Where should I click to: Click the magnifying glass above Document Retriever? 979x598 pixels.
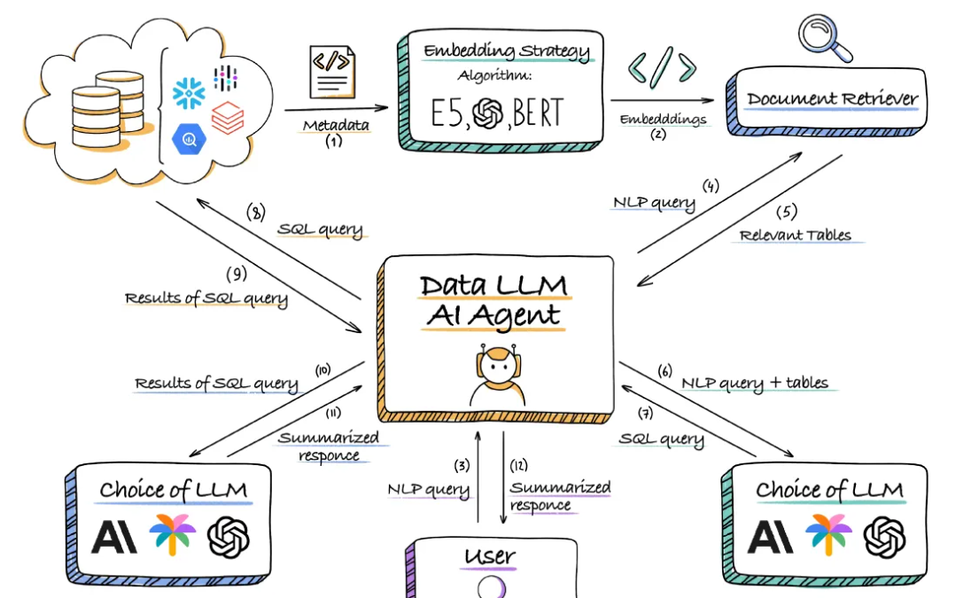(x=824, y=36)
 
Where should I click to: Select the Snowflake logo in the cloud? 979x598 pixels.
(x=189, y=92)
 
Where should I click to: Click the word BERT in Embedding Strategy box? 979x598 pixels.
(x=537, y=113)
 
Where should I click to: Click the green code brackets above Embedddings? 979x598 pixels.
(x=662, y=69)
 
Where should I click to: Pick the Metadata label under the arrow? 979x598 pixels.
(x=336, y=125)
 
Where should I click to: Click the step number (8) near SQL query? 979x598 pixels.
(x=256, y=213)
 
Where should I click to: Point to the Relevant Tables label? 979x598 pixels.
(x=795, y=235)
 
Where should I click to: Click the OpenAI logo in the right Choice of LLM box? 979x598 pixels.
(x=884, y=536)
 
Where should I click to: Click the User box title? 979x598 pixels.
(x=489, y=556)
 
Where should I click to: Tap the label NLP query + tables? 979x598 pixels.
(x=755, y=383)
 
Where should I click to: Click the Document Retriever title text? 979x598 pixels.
(x=831, y=98)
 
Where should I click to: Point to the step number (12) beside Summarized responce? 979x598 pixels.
(x=518, y=465)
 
